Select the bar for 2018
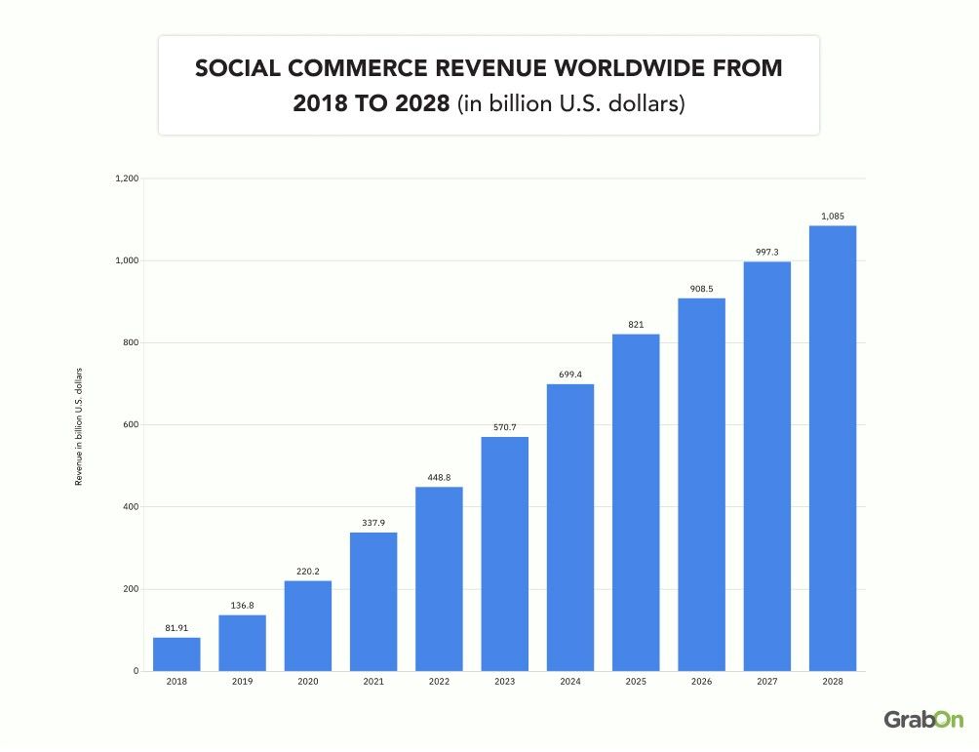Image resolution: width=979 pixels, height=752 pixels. coord(176,654)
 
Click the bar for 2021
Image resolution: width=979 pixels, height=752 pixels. coord(373,602)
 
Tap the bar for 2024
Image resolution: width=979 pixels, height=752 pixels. coord(570,528)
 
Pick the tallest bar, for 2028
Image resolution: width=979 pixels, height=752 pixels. coord(833,449)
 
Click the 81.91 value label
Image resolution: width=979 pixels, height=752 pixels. coord(176,628)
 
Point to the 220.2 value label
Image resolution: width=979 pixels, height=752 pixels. coord(308,572)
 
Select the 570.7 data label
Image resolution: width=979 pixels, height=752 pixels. coord(505,427)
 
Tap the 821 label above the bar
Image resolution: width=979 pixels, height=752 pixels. coord(636,325)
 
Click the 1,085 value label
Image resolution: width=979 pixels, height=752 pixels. coord(833,217)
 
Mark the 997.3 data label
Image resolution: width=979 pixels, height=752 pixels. coord(767,253)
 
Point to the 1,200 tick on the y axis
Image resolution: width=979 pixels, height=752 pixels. coord(128,178)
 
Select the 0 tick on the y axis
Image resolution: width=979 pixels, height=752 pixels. coord(137,671)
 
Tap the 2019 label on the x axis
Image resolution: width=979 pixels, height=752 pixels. coord(242,683)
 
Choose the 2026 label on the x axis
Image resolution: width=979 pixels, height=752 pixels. coord(702,683)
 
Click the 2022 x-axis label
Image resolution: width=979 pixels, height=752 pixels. coord(439,683)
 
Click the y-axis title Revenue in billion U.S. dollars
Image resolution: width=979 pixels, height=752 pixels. coord(79,425)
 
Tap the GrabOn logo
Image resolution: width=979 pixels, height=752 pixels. coord(922,719)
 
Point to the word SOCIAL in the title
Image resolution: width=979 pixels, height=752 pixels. coord(231,69)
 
